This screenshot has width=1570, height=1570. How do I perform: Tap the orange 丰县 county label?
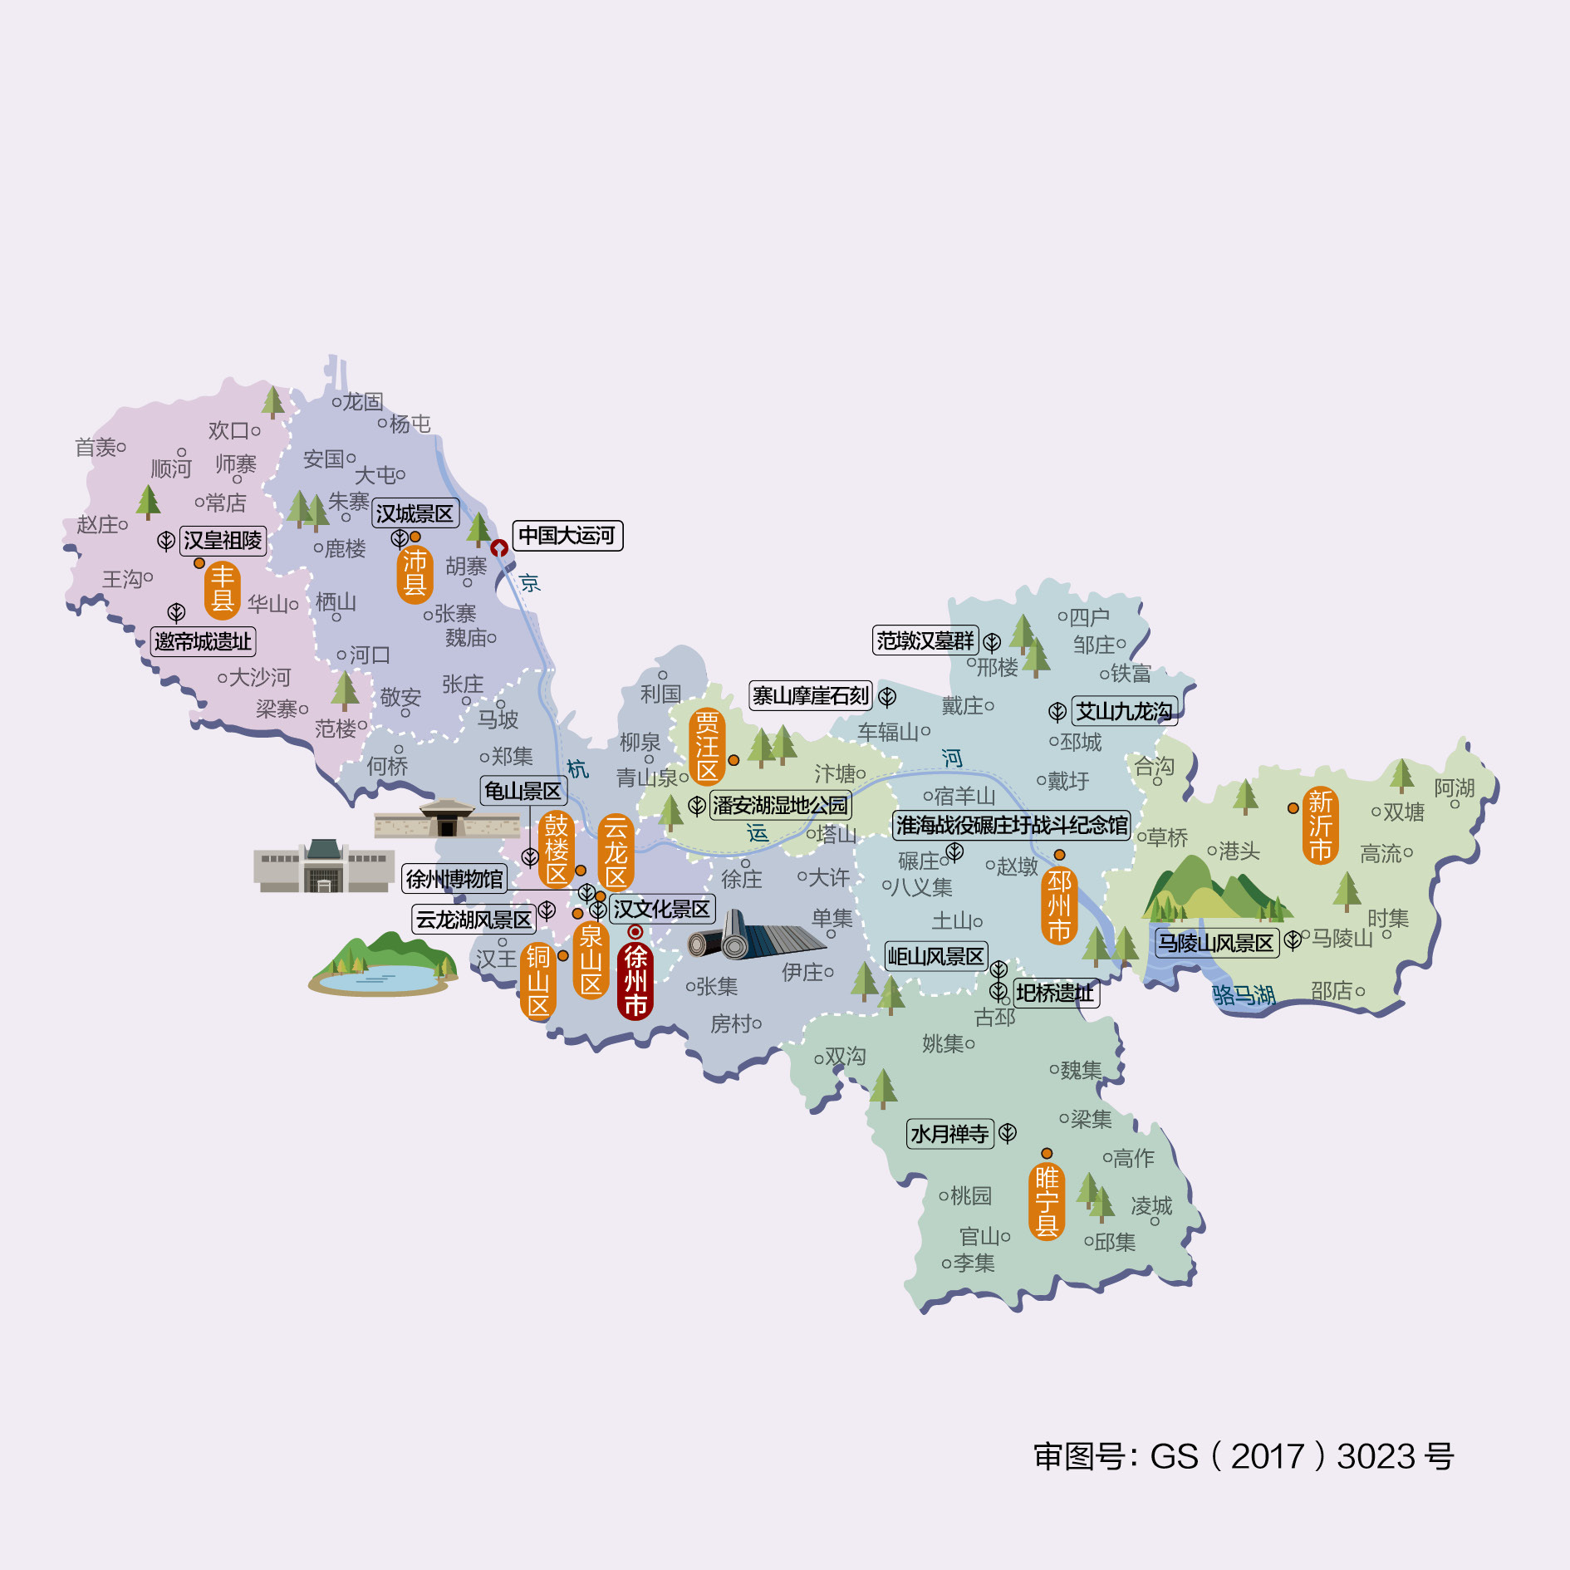point(223,588)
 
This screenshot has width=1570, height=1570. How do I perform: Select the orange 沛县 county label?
point(415,573)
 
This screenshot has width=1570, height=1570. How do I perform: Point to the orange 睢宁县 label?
point(1047,1201)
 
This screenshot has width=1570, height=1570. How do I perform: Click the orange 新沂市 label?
point(1320,825)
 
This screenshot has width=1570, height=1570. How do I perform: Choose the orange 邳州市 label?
point(1059,905)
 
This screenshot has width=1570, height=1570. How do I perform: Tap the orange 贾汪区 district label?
point(707,746)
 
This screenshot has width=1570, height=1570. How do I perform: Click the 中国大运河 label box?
point(567,536)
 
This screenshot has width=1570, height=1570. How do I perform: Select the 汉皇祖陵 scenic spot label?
point(223,541)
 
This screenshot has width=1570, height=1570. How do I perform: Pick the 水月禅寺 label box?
point(949,1134)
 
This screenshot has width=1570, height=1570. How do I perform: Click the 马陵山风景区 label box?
point(1216,943)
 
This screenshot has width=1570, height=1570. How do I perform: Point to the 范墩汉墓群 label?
point(925,640)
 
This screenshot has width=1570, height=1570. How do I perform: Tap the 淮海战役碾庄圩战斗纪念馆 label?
point(1012,825)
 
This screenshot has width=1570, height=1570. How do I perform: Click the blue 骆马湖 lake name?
point(1243,994)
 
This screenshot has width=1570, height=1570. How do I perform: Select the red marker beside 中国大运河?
point(499,548)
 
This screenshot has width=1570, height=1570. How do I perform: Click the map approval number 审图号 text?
point(1244,1456)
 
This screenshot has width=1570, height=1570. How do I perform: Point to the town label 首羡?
point(96,448)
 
